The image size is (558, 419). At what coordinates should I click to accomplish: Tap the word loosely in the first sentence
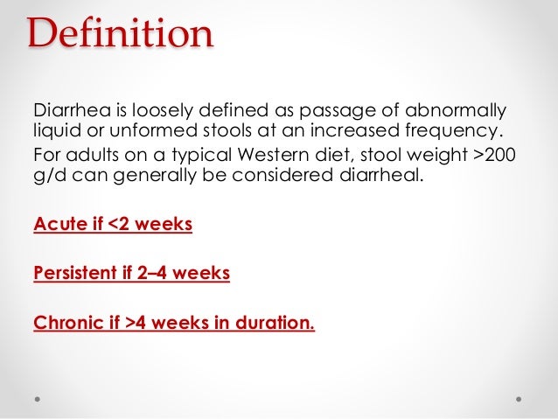point(166,112)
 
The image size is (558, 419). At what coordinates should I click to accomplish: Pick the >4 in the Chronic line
point(136,324)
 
